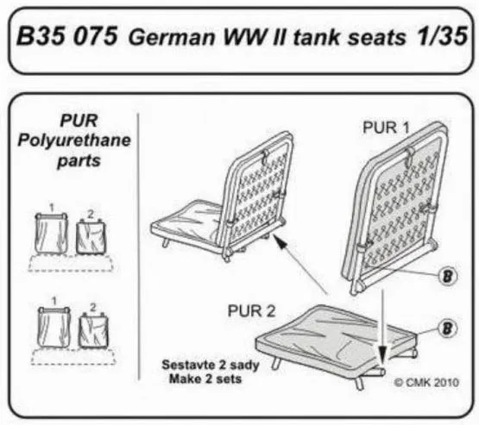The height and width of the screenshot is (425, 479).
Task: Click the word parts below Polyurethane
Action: click(x=72, y=161)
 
